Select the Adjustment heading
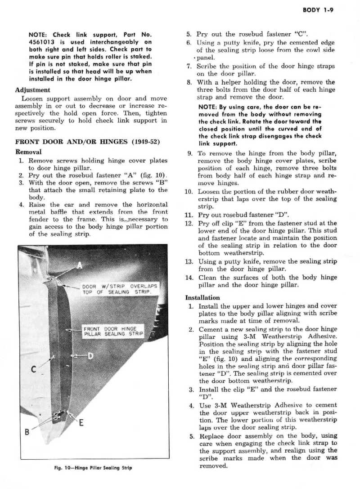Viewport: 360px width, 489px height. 32,90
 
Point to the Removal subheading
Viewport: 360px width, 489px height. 28,152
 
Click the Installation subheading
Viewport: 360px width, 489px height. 202,297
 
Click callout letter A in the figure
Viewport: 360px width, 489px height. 80,265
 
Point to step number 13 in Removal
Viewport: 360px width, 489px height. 189,261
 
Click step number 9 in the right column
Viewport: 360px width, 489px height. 190,153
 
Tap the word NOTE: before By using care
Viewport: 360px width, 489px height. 208,108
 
